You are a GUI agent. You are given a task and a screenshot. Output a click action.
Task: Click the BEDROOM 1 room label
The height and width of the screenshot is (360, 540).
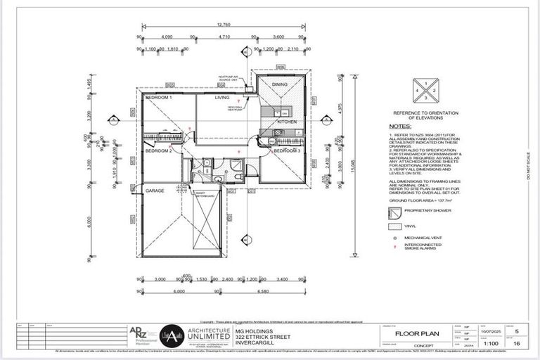159,98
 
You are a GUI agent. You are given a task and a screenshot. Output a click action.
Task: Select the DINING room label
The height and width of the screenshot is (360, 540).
280,84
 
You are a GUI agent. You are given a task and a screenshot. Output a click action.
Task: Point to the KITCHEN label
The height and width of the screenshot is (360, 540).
286,122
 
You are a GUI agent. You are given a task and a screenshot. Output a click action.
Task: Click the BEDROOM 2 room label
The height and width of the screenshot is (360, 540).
159,151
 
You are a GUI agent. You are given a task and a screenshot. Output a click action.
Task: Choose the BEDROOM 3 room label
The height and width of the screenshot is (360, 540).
287,151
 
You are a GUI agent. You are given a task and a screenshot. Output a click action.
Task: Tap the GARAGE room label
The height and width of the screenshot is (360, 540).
155,191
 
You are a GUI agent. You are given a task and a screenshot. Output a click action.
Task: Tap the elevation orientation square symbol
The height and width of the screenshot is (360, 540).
425,91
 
